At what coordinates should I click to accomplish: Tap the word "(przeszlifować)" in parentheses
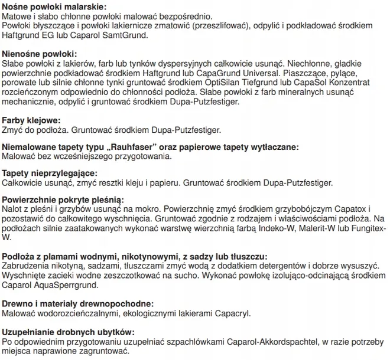pyautogui.click(x=214, y=27)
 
